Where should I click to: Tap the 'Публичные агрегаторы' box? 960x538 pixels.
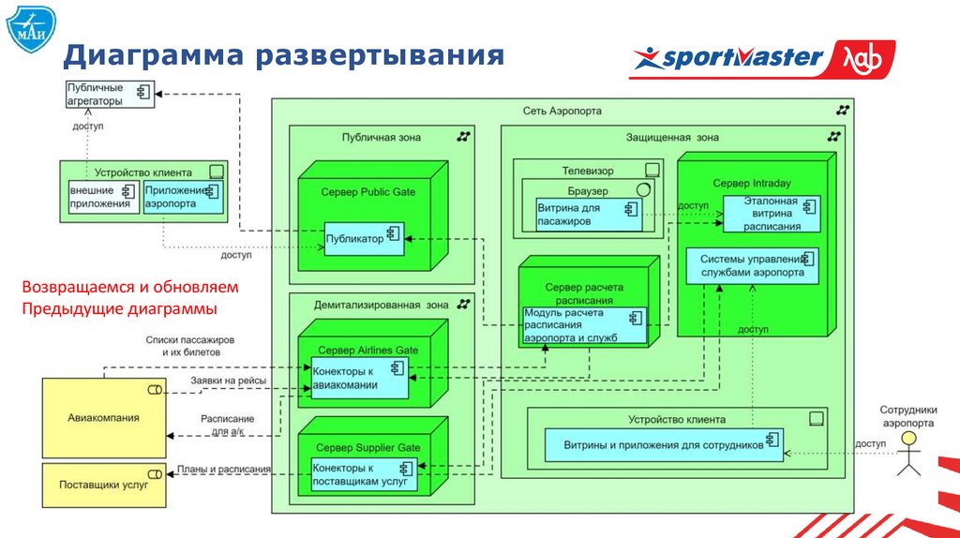(x=109, y=95)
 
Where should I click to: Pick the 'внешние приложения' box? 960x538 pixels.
(x=100, y=197)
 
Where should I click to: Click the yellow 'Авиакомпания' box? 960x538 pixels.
(x=103, y=418)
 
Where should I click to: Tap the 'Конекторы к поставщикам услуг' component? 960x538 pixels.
(x=359, y=474)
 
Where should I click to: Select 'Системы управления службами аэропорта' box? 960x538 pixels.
(x=752, y=265)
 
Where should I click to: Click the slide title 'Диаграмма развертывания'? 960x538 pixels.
(x=284, y=56)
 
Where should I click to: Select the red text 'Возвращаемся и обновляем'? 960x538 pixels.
(x=130, y=286)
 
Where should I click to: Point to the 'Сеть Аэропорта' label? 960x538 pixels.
(x=562, y=111)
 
